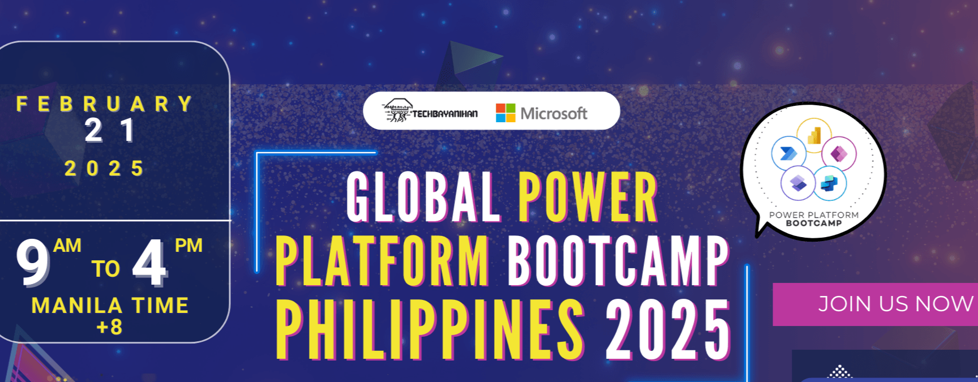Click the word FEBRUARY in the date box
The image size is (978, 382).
coord(105,104)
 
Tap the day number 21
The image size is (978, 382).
coord(110,131)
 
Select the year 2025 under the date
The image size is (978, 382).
coord(105,168)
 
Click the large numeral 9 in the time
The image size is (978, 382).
coord(33,263)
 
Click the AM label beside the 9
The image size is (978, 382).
coord(67,246)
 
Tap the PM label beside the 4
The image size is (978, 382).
coord(188,246)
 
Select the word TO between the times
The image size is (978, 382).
coord(106,269)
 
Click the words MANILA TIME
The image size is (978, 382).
coord(110,306)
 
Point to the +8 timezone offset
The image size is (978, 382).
coord(109,327)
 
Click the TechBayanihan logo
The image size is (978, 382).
coord(430,111)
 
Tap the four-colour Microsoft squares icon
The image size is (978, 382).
coord(505,113)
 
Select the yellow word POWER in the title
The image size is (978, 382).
coord(587,198)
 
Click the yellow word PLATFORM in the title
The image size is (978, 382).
coord(383,261)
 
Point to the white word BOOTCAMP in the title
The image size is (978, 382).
coord(618,261)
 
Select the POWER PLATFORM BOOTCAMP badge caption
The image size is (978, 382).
coord(814,219)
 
